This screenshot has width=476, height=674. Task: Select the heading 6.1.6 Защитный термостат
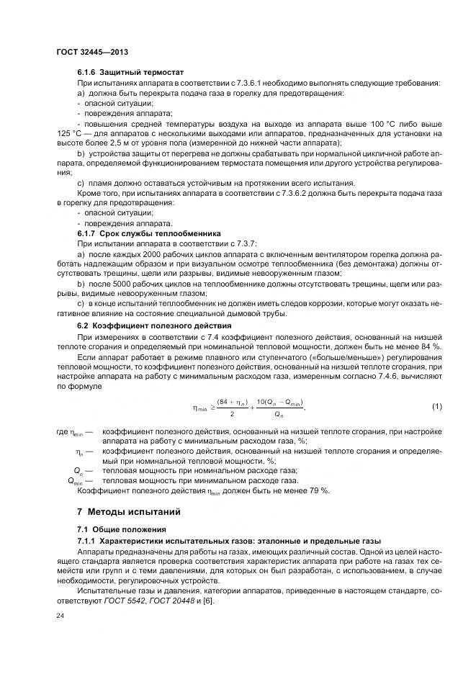tap(130, 73)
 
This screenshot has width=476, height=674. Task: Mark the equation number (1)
tap(436, 407)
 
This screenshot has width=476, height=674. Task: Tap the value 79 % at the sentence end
tap(320, 490)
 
